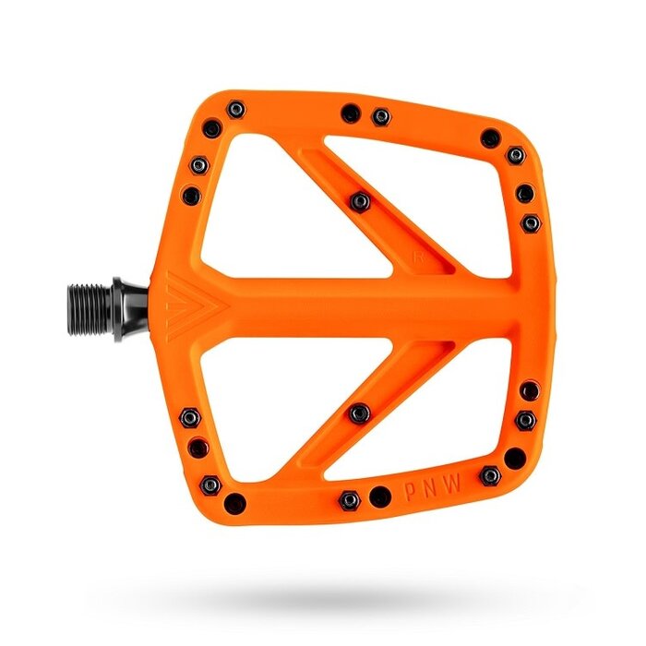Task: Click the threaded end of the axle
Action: (90, 309)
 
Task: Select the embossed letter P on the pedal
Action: (411, 491)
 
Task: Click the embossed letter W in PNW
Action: (453, 484)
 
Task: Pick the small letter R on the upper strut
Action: (419, 257)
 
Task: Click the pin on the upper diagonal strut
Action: (360, 202)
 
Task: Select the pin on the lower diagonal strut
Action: (360, 413)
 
